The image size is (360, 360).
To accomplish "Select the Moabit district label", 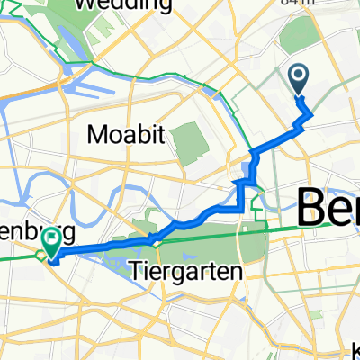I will (x=127, y=135).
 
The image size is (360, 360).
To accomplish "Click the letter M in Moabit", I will (x=98, y=135).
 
